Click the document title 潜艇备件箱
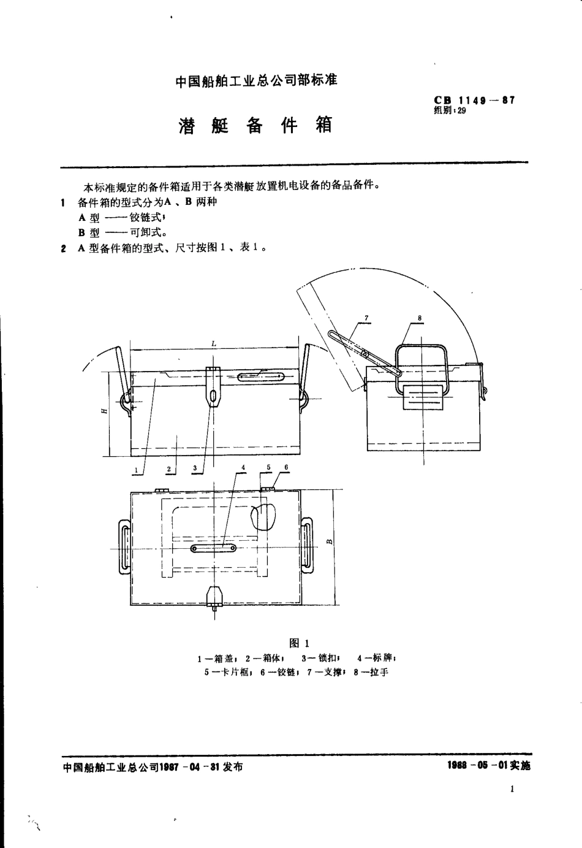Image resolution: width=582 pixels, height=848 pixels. [x=255, y=124]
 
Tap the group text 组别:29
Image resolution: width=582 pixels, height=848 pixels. [x=450, y=111]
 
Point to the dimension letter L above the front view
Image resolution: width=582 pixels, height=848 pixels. [x=213, y=344]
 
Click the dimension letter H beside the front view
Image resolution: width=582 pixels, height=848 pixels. [x=105, y=409]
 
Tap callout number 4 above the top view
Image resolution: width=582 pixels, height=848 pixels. [x=243, y=467]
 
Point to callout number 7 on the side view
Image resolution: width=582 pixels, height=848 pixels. [x=366, y=318]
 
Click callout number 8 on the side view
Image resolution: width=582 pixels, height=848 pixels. [x=420, y=318]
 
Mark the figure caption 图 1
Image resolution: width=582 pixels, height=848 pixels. [x=298, y=643]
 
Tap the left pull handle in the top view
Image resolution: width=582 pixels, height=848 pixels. [x=123, y=547]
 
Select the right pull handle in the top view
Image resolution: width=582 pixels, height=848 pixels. [x=306, y=546]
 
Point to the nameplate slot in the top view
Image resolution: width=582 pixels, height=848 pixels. [x=214, y=548]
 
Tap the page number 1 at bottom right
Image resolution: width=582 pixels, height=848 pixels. [x=512, y=789]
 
